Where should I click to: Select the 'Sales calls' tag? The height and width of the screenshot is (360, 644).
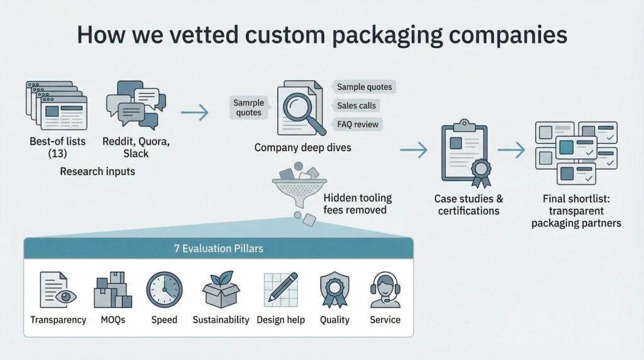[357, 105]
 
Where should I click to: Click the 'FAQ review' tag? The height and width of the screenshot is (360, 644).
[357, 124]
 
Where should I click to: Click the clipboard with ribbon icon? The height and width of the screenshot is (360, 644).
[465, 152]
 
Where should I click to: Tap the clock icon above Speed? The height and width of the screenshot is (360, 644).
[164, 290]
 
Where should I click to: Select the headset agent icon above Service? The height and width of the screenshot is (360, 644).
[385, 289]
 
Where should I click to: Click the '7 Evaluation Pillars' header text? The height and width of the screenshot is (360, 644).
[218, 248]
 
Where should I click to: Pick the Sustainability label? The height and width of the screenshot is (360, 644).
[221, 320]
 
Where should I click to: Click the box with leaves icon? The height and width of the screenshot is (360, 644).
[221, 290]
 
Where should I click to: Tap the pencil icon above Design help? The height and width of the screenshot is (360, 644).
[280, 289]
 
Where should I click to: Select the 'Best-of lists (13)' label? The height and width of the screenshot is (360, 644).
[57, 148]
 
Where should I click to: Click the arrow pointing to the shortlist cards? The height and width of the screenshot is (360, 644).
[511, 150]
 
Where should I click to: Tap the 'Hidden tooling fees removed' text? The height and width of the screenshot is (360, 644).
[357, 203]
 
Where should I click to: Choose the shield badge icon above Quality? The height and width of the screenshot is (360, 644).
[335, 290]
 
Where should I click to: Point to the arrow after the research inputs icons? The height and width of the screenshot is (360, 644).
[194, 113]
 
